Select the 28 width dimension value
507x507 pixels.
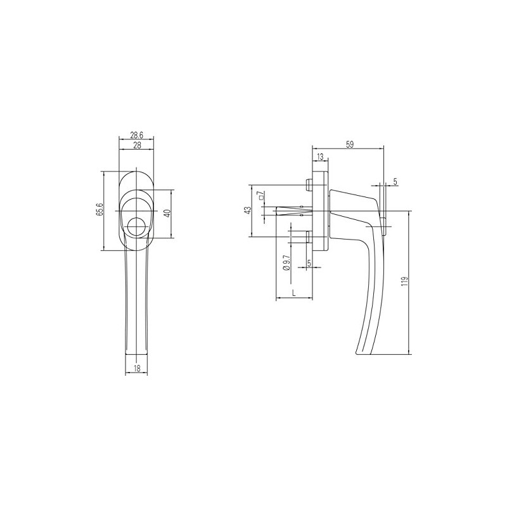click(x=136, y=145)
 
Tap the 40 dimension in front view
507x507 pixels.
click(x=167, y=214)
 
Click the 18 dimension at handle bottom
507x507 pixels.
click(x=138, y=368)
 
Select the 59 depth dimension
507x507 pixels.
click(x=350, y=144)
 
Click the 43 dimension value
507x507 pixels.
click(x=248, y=211)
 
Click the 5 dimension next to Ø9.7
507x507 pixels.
click(x=309, y=263)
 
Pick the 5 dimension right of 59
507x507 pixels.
click(x=395, y=182)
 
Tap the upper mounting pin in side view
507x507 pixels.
click(x=308, y=185)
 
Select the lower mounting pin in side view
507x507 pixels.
click(x=308, y=238)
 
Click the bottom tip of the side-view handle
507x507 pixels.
click(x=359, y=354)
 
